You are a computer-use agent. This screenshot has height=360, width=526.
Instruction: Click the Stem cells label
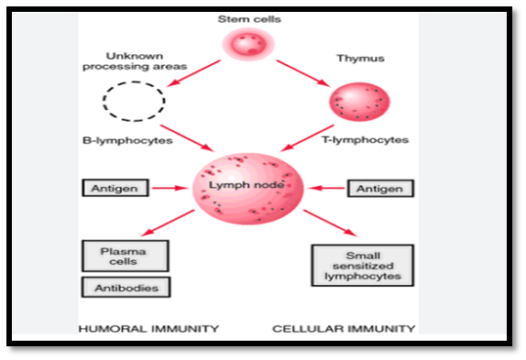click(x=249, y=19)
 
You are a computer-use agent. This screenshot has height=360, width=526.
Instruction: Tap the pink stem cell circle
click(x=248, y=44)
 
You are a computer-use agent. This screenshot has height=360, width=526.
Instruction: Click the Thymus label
click(x=361, y=59)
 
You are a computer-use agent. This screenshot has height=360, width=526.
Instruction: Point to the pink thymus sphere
click(x=359, y=102)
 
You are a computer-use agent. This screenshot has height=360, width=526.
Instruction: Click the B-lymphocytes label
click(x=127, y=140)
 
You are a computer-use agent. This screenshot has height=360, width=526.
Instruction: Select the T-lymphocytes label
click(x=366, y=140)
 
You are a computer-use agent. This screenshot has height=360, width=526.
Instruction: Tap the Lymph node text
click(x=247, y=185)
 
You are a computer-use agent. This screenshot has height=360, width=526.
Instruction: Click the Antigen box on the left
click(x=115, y=188)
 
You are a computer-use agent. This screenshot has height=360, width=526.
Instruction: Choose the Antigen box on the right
click(x=380, y=189)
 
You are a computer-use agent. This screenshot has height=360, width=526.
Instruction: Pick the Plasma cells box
click(x=126, y=256)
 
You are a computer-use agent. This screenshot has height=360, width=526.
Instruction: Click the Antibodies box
click(x=126, y=288)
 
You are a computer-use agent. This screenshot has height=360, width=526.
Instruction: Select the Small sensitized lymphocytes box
click(x=363, y=266)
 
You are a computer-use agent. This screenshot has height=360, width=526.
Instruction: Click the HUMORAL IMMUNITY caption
click(x=148, y=329)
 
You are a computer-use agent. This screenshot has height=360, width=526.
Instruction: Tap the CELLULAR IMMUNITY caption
click(x=344, y=329)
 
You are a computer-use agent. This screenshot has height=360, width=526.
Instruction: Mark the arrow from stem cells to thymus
click(x=303, y=73)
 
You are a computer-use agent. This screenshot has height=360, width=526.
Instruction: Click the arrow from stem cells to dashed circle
click(x=193, y=73)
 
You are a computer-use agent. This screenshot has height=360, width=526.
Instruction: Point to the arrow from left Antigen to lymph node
click(x=170, y=188)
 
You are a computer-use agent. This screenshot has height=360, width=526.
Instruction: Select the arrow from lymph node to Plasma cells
click(x=168, y=223)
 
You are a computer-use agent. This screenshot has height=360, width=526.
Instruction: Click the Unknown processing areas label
click(x=135, y=61)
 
